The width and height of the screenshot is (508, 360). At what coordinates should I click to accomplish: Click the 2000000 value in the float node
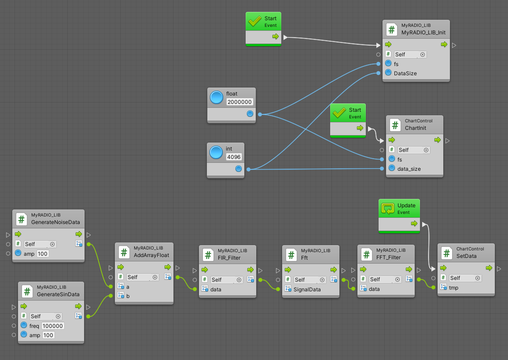click(x=240, y=102)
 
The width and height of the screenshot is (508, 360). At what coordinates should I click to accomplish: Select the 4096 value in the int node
click(x=234, y=157)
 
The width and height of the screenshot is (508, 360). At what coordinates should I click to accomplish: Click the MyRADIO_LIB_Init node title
click(x=420, y=33)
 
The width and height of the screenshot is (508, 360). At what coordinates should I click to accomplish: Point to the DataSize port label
click(x=405, y=73)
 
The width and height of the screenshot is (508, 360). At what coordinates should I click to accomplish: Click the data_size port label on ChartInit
click(x=409, y=169)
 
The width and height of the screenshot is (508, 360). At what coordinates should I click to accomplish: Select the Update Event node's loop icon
click(x=388, y=209)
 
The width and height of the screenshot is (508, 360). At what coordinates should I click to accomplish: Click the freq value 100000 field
click(x=53, y=326)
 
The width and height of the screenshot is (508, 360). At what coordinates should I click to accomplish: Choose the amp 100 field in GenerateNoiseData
click(x=43, y=253)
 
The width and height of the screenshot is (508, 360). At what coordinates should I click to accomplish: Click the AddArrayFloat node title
click(x=151, y=255)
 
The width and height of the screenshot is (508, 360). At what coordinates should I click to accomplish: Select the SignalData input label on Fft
click(x=307, y=289)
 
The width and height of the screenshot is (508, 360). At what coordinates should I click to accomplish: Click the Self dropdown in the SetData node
click(x=464, y=278)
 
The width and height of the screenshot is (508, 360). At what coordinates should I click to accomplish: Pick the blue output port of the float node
click(x=250, y=114)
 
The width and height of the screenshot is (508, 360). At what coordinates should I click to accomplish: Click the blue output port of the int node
click(x=238, y=169)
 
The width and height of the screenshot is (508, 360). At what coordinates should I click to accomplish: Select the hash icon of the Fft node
click(x=291, y=254)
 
